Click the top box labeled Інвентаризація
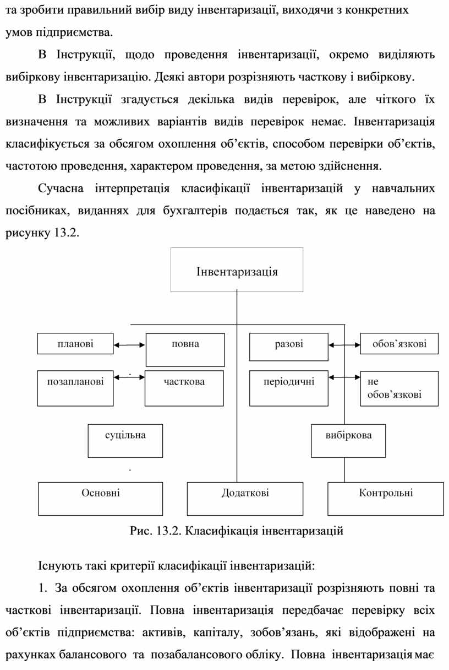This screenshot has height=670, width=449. (237, 269)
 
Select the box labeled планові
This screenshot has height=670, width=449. (75, 344)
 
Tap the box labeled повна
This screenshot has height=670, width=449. (185, 349)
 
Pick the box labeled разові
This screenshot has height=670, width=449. (288, 346)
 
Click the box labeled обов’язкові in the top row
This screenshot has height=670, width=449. (399, 344)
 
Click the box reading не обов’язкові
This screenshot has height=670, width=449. (399, 388)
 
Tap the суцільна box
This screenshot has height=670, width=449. (125, 440)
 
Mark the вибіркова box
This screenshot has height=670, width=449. (348, 440)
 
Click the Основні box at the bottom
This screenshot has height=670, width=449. (100, 498)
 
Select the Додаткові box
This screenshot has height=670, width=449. (245, 498)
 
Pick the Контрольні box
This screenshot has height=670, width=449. (386, 498)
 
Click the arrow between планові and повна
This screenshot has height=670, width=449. (129, 345)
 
